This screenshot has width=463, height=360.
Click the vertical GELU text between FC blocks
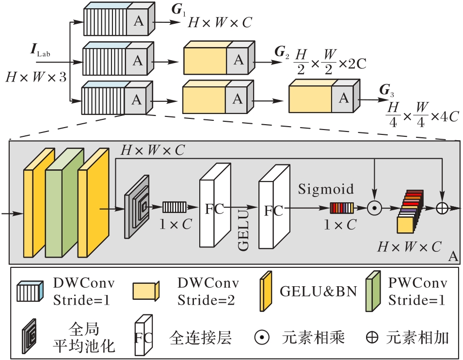pyautogui.click(x=244, y=230)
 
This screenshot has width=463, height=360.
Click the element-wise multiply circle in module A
pyautogui.click(x=374, y=208)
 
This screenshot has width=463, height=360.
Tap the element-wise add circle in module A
pyautogui.click(x=442, y=208)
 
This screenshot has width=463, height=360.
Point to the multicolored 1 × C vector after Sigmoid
pyautogui.click(x=342, y=208)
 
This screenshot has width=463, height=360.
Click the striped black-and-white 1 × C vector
pyautogui.click(x=171, y=208)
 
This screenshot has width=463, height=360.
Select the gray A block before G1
pyautogui.click(x=139, y=20)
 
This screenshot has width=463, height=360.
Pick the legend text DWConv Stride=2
pyautogui.click(x=207, y=292)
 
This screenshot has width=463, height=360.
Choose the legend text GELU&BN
pyautogui.click(x=318, y=292)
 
